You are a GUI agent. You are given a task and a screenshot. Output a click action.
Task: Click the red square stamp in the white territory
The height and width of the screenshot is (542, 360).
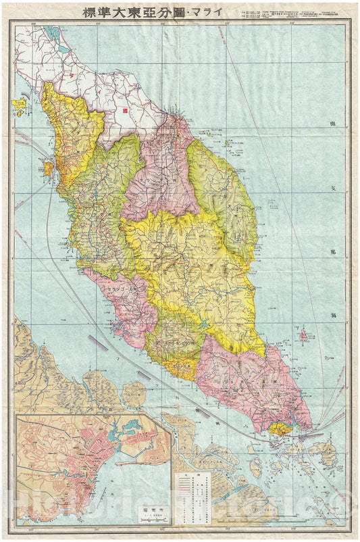coord(125,107)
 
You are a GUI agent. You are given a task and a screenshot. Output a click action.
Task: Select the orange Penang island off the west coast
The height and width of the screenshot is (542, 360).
coord(49,167)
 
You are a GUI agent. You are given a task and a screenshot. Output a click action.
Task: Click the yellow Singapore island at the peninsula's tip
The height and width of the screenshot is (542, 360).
coord(278,427)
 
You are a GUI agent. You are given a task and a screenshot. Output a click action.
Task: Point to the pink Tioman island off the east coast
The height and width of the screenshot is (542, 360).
coord(303,335)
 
